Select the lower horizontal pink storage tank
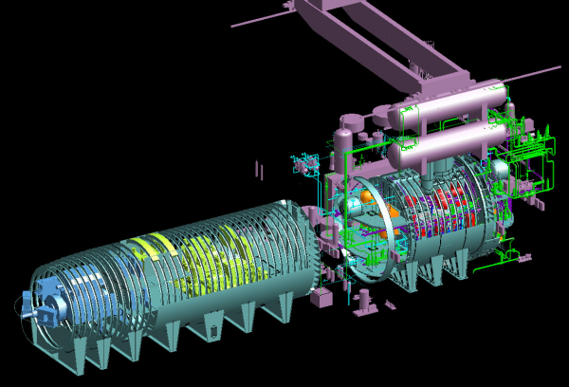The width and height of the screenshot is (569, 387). coord(446,142)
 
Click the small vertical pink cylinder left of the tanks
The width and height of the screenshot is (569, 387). coord(350,124)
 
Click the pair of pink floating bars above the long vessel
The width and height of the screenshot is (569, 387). coord(258,171)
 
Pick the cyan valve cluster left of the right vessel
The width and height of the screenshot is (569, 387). coord(307,164)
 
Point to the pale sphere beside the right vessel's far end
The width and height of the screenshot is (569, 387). coord(499,169)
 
